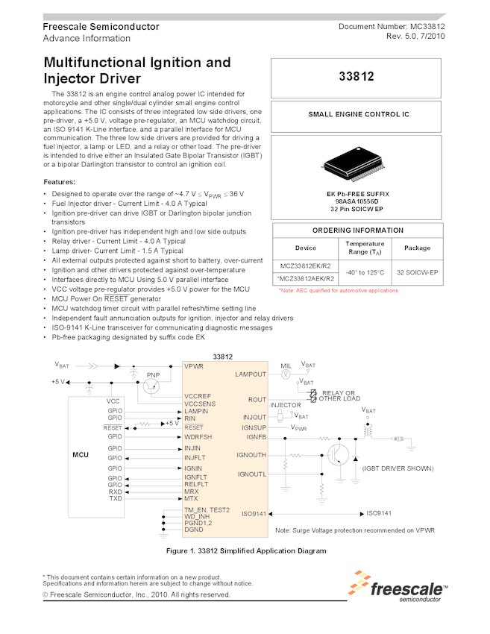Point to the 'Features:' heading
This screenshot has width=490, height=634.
pyautogui.click(x=59, y=182)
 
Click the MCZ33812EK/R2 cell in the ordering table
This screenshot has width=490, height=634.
pyautogui.click(x=306, y=266)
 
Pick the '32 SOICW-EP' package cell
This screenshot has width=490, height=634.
pyautogui.click(x=418, y=272)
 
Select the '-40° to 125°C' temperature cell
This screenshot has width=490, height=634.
pyautogui.click(x=365, y=272)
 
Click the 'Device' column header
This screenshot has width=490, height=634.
pyautogui.click(x=306, y=248)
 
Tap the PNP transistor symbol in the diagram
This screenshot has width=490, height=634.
pyautogui.click(x=153, y=385)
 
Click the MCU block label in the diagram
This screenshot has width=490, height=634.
pyautogui.click(x=80, y=454)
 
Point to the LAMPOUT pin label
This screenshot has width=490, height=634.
pyautogui.click(x=250, y=374)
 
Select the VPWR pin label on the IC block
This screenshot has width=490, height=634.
pyautogui.click(x=194, y=366)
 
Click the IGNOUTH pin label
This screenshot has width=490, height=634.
pyautogui.click(x=251, y=454)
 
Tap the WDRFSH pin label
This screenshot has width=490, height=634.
pyautogui.click(x=198, y=436)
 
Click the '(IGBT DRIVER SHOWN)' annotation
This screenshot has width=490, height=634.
pyautogui.click(x=398, y=468)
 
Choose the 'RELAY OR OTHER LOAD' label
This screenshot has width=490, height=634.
pyautogui.click(x=339, y=395)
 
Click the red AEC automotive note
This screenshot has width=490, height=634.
pyautogui.click(x=338, y=290)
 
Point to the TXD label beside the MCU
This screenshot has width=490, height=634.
pyautogui.click(x=115, y=498)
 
